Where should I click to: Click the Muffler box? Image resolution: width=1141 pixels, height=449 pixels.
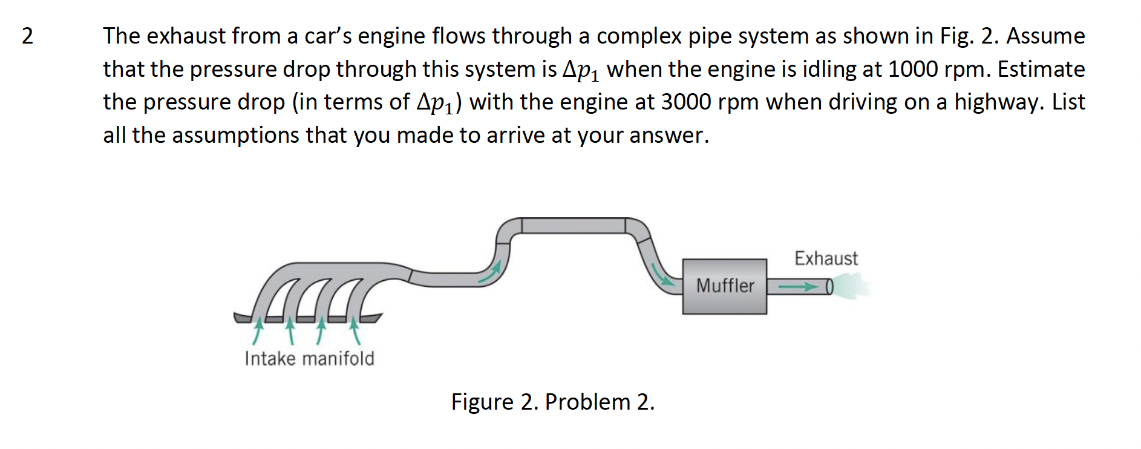(x=724, y=286)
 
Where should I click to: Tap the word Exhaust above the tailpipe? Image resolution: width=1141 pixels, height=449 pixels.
(x=826, y=258)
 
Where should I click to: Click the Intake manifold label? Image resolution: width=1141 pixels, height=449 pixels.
(x=309, y=359)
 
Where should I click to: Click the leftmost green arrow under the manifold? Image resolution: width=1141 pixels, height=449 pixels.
(x=258, y=330)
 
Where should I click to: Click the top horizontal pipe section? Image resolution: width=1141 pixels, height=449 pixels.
(x=573, y=226)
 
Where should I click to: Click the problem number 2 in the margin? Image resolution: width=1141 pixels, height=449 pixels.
(x=27, y=36)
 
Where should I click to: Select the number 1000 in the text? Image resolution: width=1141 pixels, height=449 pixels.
(x=913, y=69)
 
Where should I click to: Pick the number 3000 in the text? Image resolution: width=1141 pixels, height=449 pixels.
(x=686, y=102)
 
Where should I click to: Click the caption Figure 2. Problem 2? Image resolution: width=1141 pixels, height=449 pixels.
(x=552, y=402)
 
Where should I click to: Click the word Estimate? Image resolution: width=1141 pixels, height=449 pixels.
(x=1041, y=69)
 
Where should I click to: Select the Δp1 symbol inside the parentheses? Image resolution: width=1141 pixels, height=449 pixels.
(x=436, y=102)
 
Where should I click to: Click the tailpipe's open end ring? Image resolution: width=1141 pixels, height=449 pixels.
(x=829, y=286)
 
